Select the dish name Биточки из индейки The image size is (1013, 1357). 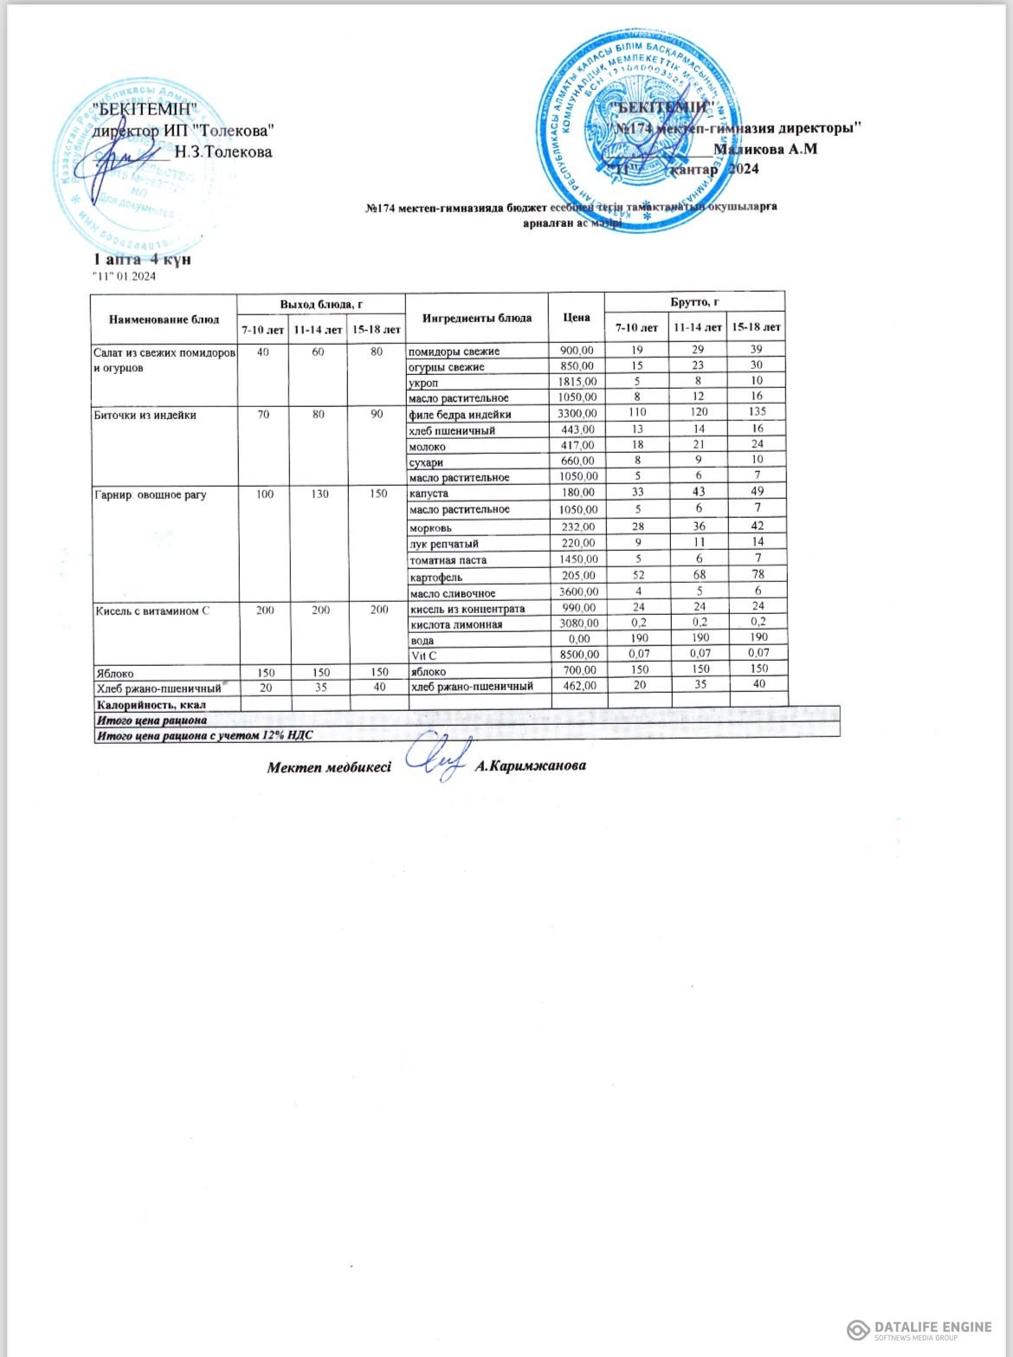[x=145, y=415]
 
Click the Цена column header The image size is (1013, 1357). [x=577, y=317]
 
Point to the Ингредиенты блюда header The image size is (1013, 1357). [x=477, y=318]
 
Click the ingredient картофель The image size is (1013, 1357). [x=436, y=577]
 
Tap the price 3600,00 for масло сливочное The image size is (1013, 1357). [x=577, y=593]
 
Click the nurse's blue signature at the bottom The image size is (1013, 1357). [x=436, y=759]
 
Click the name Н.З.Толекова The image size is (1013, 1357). [x=223, y=152]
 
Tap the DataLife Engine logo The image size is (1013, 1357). [x=919, y=1329]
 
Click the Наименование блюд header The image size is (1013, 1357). [x=165, y=320]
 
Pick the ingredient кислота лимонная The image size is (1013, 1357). [x=455, y=624]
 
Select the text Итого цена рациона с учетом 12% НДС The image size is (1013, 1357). [x=203, y=735]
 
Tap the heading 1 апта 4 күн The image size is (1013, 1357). [x=142, y=259]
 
